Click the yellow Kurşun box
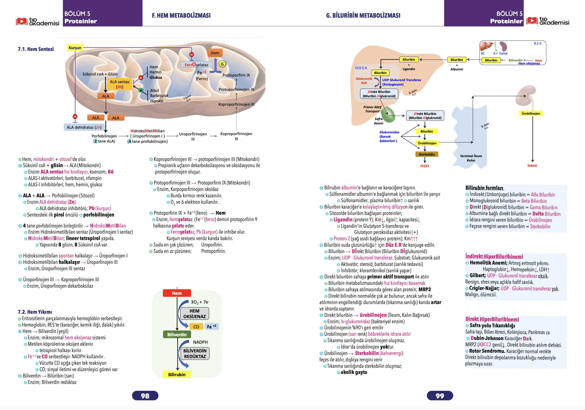75,48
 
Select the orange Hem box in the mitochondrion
215,53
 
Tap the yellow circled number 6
222,64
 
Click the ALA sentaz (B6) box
120,84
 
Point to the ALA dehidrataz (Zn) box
84,127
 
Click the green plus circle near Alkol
141,90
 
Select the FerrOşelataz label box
196,65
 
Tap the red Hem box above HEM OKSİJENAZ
177,293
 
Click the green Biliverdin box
177,335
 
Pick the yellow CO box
196,327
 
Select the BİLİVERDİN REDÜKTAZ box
195,353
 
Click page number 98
145,396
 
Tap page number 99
440,396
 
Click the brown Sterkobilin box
427,154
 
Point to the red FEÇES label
425,166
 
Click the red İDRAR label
532,166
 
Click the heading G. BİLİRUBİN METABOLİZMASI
363,15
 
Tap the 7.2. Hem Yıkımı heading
35,312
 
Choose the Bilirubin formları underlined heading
485,188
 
